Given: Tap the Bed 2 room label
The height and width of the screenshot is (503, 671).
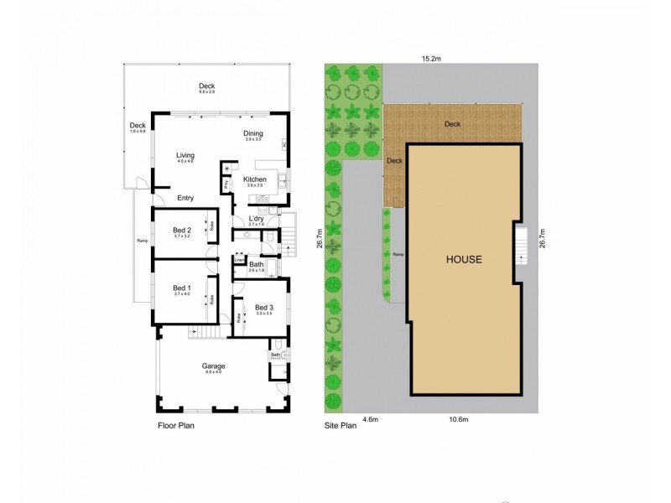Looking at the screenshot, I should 182,231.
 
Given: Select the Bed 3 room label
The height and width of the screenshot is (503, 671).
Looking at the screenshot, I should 264,307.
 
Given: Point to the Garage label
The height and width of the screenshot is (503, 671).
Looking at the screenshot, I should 213,366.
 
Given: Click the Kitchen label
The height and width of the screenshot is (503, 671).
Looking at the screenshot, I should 255,180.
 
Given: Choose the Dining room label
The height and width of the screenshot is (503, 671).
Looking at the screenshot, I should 253,133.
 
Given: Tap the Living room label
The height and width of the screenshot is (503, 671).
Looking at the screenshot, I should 185,155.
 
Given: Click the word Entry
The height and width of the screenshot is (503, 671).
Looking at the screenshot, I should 185,199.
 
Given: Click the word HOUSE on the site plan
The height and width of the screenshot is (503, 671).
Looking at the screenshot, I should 463,260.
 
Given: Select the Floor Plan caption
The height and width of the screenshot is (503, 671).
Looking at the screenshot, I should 176,426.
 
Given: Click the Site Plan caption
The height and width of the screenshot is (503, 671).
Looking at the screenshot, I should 341,426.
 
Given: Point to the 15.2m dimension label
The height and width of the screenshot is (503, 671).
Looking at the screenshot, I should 433,59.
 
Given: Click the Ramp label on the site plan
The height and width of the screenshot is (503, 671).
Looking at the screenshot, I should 398,254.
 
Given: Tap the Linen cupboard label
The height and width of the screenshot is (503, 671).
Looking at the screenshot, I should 238,261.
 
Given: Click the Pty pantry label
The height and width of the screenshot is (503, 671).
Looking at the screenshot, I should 226,184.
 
